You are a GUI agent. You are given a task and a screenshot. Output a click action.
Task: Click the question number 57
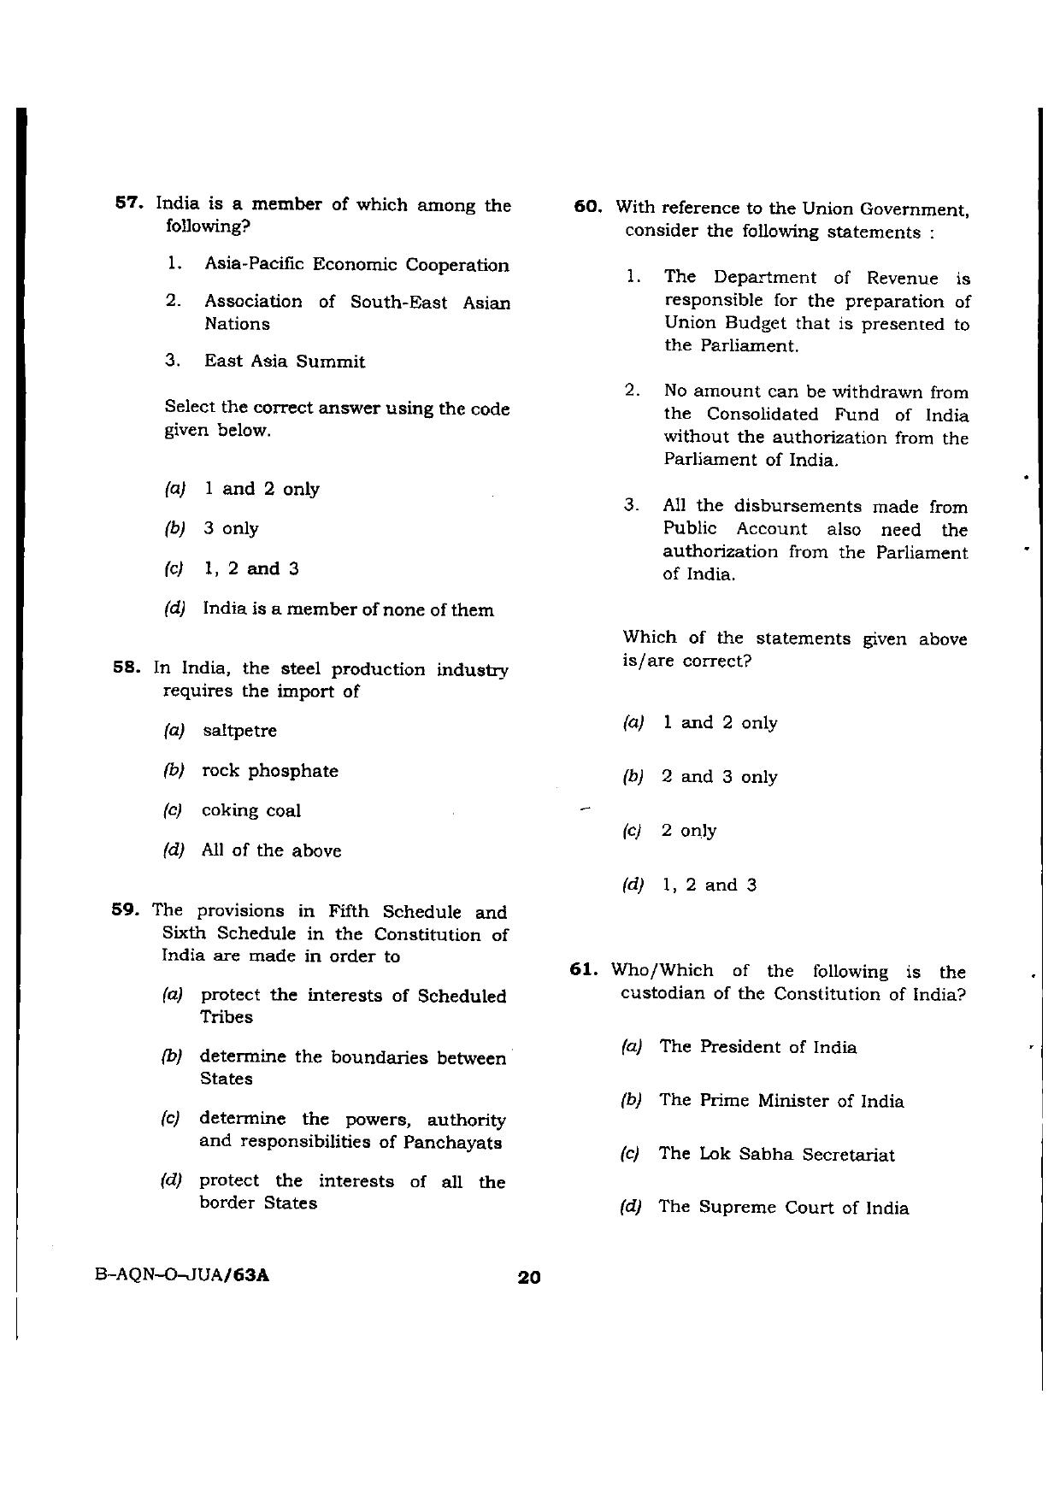[x=127, y=204]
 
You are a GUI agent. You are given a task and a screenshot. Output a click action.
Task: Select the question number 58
[x=126, y=668]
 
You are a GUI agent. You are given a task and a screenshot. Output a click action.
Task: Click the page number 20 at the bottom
[x=529, y=1278]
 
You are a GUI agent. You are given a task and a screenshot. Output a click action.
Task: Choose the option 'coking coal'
[x=250, y=810]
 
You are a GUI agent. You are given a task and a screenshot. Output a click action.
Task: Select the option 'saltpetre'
[x=239, y=731]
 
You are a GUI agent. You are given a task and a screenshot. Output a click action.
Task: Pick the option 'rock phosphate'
[x=269, y=771]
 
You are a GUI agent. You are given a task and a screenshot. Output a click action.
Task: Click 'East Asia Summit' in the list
[x=284, y=362]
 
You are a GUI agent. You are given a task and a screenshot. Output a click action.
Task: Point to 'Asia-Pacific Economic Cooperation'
[x=356, y=265]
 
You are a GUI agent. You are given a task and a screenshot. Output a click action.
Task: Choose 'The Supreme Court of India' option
[x=783, y=1208]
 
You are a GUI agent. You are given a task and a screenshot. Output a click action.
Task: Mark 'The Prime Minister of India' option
[x=781, y=1101]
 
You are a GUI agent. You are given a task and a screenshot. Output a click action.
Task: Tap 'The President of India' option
[x=757, y=1047]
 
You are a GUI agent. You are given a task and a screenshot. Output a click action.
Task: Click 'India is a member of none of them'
[x=348, y=609]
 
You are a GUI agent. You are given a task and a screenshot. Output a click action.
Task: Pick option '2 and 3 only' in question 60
[x=719, y=777]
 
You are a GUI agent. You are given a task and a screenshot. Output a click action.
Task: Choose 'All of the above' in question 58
[x=271, y=850]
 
